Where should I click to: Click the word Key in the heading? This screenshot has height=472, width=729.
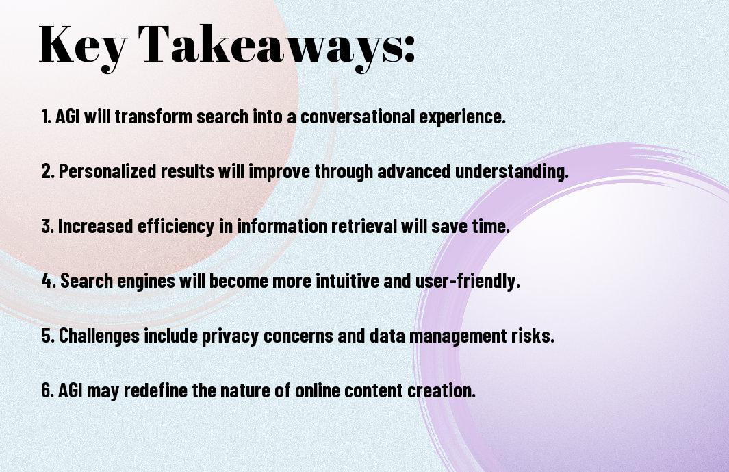click(83, 45)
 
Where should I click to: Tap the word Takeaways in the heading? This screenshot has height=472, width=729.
click(270, 45)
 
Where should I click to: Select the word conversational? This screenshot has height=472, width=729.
click(357, 116)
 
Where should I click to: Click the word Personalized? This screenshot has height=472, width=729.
click(107, 171)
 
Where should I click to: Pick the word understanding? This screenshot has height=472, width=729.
click(511, 171)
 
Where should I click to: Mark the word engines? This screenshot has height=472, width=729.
click(146, 281)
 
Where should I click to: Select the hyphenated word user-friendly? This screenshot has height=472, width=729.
click(468, 281)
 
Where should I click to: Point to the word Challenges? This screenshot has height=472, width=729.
click(99, 336)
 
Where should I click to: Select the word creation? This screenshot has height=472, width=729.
click(442, 390)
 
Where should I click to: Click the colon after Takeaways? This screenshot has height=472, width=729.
click(409, 50)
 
